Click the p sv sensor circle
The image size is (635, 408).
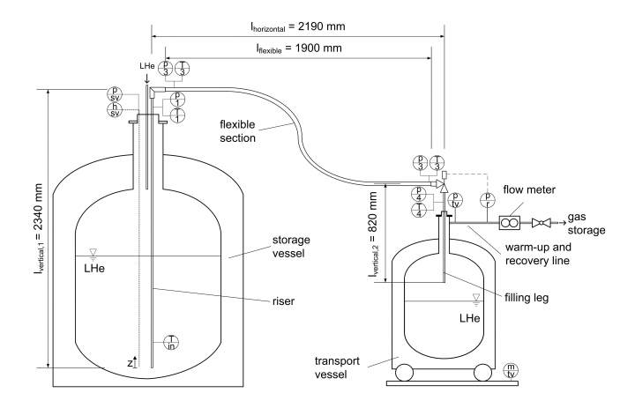click(x=116, y=94)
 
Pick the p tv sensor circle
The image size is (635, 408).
click(x=456, y=199)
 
